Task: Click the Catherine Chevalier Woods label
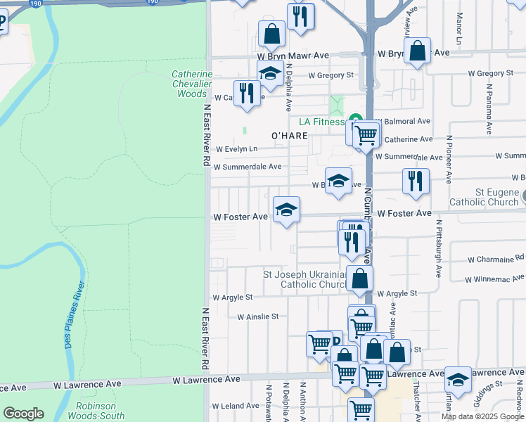[192, 84]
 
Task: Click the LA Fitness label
[320, 122]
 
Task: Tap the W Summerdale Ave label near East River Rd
[248, 167]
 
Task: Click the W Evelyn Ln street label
[237, 149]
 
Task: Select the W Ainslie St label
[258, 317]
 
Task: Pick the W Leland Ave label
[236, 406]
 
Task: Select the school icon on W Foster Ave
[286, 210]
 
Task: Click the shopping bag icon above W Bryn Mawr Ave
[271, 33]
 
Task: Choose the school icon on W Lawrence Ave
[458, 380]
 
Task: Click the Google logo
[23, 414]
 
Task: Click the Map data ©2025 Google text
[482, 416]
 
